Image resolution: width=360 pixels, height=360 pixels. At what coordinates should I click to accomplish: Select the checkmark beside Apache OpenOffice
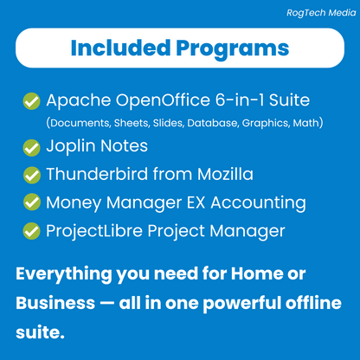click(x=31, y=100)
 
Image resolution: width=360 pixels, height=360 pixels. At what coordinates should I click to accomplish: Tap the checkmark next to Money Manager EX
click(x=31, y=203)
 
